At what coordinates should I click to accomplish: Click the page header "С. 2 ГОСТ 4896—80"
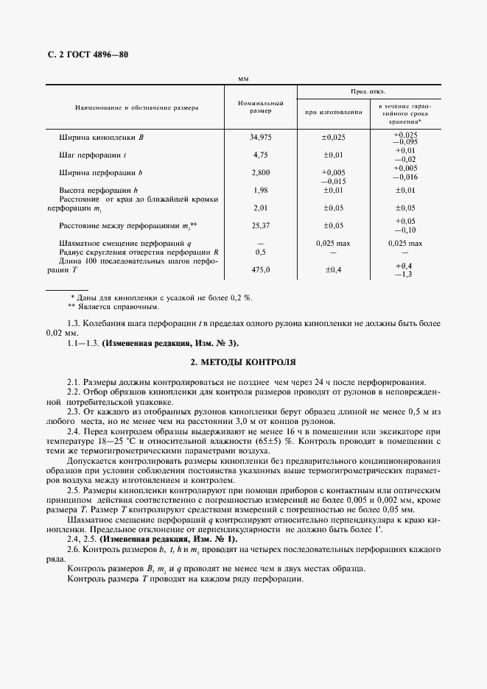(83, 55)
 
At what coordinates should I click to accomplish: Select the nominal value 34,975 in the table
(261, 138)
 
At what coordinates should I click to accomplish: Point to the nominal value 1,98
(261, 191)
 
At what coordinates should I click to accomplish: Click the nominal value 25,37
(261, 225)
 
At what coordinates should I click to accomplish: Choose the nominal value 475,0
(261, 269)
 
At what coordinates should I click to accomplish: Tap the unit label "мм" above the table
(244, 78)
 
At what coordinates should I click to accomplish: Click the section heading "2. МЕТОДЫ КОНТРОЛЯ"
(243, 363)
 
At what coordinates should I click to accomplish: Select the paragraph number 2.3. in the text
(74, 411)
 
